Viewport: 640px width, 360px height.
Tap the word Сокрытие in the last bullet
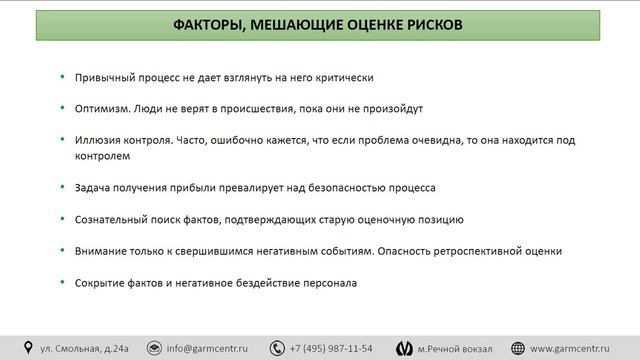click(101, 283)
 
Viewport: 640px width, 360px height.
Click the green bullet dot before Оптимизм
click(63, 108)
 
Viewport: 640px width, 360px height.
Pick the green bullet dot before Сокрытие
click(63, 283)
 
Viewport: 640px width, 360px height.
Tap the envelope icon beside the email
click(154, 348)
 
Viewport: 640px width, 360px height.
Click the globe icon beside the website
click(519, 348)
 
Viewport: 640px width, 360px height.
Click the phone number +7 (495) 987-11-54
click(331, 348)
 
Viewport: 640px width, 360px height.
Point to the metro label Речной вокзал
click(459, 348)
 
